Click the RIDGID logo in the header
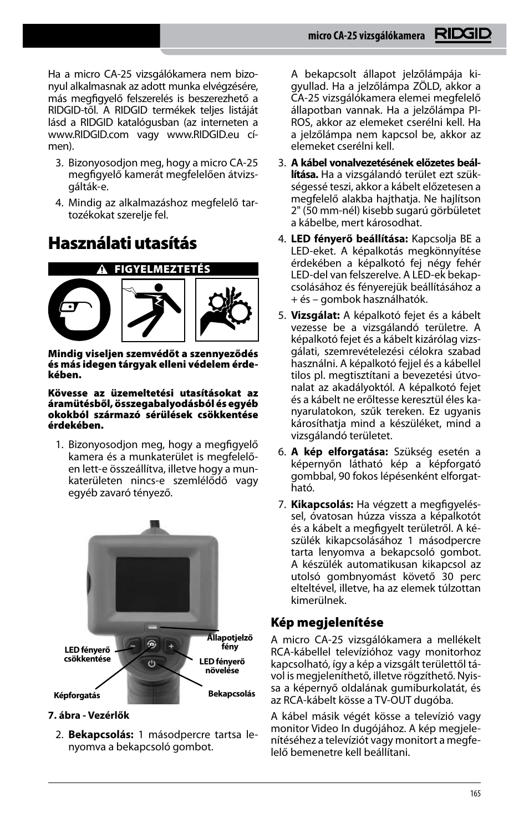(x=463, y=35)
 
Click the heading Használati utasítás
(x=122, y=243)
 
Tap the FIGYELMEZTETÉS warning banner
(x=154, y=270)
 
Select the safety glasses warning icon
(x=79, y=309)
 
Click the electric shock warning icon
(x=153, y=309)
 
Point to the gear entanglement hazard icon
(x=227, y=309)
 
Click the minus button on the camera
(x=133, y=647)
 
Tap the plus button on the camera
(x=171, y=646)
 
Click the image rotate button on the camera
(x=152, y=644)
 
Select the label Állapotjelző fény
(x=230, y=642)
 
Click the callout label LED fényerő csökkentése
(x=88, y=654)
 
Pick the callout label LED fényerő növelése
(x=222, y=665)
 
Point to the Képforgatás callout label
(x=77, y=695)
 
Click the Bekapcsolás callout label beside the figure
(x=231, y=694)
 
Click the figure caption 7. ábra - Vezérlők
(x=89, y=715)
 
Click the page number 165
(x=475, y=794)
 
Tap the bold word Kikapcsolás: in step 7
(x=322, y=504)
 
